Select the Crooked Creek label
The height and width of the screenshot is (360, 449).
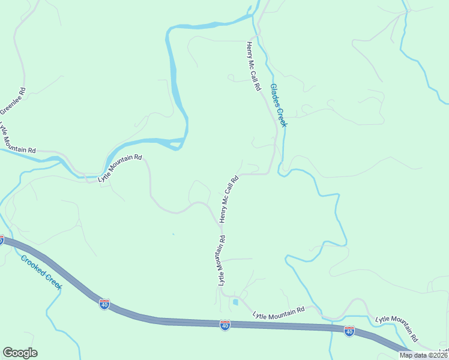tap(41, 272)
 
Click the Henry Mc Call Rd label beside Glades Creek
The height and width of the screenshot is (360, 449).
tap(253, 66)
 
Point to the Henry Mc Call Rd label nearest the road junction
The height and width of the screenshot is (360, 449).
tap(229, 199)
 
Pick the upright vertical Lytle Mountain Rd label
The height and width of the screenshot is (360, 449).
tap(221, 260)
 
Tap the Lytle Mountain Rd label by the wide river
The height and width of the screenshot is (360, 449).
tap(120, 168)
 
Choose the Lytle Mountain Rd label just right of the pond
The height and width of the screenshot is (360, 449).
tap(279, 312)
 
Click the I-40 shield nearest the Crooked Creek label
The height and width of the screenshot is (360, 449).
tap(104, 305)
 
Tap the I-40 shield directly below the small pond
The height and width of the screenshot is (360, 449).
tap(225, 325)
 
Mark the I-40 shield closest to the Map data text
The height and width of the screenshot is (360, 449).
tap(349, 331)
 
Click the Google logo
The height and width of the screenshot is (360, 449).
tap(20, 353)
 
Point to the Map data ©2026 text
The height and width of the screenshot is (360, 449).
tap(423, 355)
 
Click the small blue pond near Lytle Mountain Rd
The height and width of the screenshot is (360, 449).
tap(235, 302)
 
